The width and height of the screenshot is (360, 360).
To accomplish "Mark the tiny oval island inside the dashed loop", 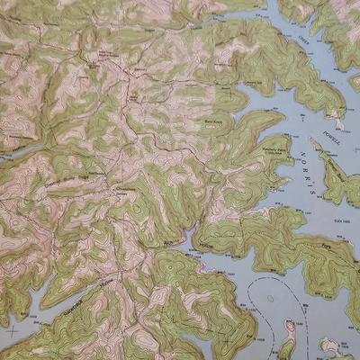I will tap(268, 297).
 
